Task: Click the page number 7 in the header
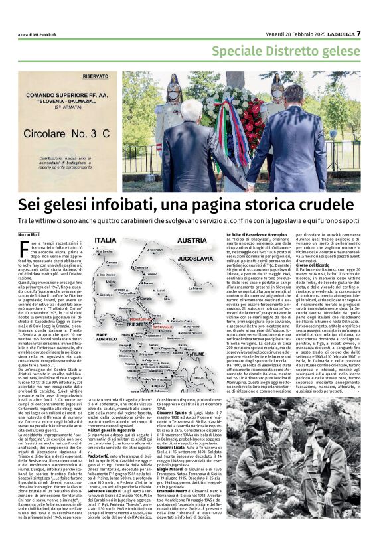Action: pos(377,33)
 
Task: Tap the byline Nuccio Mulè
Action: pos(29,234)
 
